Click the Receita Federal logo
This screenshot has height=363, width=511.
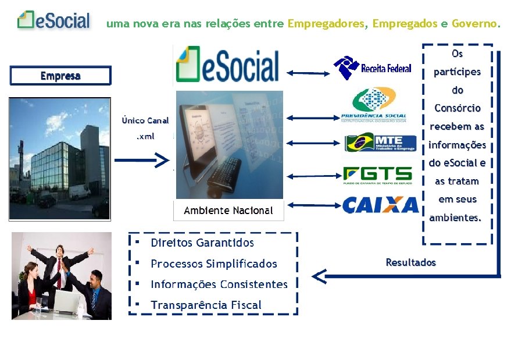[372, 68]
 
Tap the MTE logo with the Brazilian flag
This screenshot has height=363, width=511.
[380, 143]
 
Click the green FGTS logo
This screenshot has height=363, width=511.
[377, 175]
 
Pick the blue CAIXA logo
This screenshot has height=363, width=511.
[380, 205]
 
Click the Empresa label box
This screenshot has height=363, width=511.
[60, 76]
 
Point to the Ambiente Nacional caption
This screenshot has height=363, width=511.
[228, 211]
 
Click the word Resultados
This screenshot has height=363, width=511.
[410, 262]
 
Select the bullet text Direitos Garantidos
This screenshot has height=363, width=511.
[202, 243]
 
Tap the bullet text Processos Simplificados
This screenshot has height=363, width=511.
[214, 264]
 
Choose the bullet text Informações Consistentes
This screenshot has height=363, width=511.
[219, 284]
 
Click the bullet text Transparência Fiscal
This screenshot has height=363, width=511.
[206, 305]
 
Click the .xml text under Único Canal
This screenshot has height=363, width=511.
[145, 136]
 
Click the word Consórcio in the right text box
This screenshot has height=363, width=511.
[458, 108]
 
